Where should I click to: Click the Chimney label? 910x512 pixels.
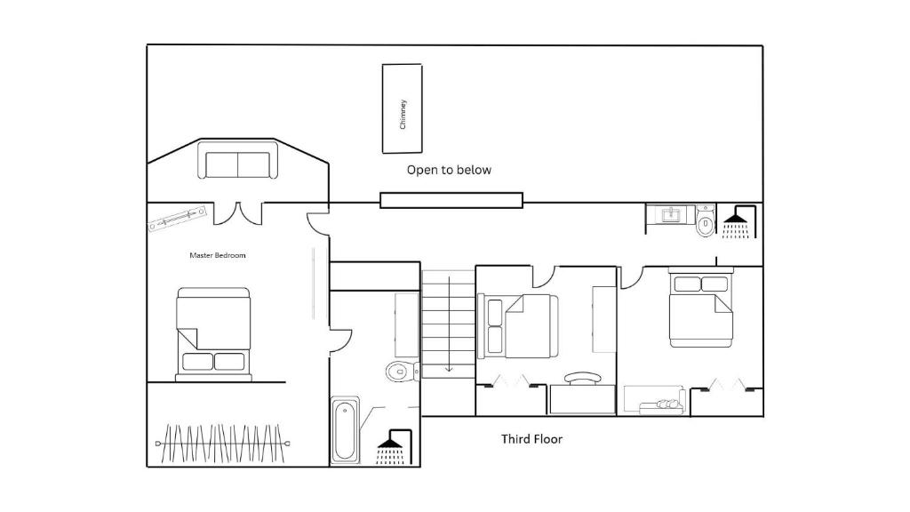(403, 115)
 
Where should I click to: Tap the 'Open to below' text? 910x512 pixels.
(449, 170)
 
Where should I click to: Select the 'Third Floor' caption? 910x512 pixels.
(531, 439)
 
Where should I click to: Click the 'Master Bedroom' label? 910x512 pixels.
(218, 255)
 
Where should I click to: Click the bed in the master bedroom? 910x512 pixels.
(213, 334)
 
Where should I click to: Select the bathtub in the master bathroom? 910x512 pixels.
(345, 430)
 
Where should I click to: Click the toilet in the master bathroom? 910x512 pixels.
(402, 371)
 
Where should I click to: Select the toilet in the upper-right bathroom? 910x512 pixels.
(705, 220)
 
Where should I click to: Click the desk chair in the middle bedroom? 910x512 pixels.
(583, 378)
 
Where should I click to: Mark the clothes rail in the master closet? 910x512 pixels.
(223, 444)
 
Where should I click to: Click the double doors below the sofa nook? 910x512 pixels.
(238, 213)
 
